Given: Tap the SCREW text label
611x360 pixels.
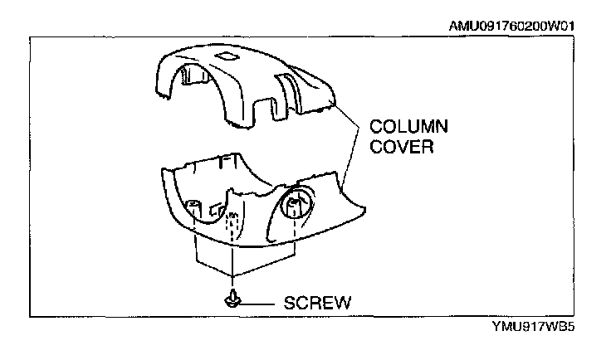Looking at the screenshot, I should point(317,303).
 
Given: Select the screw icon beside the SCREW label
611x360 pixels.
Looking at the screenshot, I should point(232,301).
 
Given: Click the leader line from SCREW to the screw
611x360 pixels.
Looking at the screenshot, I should point(261,303).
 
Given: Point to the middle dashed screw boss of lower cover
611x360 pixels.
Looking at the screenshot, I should point(233,219).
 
